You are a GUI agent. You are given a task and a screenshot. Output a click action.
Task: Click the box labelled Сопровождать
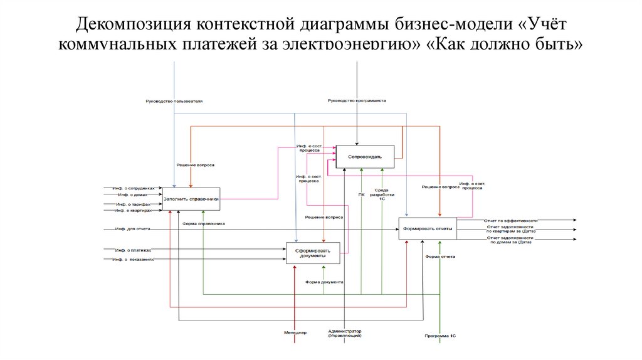click(366, 156)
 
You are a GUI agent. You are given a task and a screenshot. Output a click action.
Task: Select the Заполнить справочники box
click(191, 198)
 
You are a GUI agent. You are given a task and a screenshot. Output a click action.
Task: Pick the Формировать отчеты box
click(428, 228)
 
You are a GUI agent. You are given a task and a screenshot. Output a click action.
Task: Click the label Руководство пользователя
click(174, 101)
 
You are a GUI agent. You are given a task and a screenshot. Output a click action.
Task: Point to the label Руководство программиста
click(356, 100)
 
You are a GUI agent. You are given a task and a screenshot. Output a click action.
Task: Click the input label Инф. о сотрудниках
click(133, 188)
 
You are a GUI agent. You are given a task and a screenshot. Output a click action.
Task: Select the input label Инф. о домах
click(131, 195)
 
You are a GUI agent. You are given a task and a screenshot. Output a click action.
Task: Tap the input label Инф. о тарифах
click(133, 204)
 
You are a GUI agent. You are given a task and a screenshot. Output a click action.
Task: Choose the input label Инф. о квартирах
click(133, 211)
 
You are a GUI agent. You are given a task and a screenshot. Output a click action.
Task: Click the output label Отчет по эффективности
click(510, 221)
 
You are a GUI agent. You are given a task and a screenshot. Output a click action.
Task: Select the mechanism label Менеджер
click(295, 332)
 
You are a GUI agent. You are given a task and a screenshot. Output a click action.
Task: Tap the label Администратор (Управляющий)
click(345, 333)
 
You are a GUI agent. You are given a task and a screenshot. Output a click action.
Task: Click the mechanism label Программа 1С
click(440, 337)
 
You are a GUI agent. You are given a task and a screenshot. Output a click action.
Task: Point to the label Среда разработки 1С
click(382, 194)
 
